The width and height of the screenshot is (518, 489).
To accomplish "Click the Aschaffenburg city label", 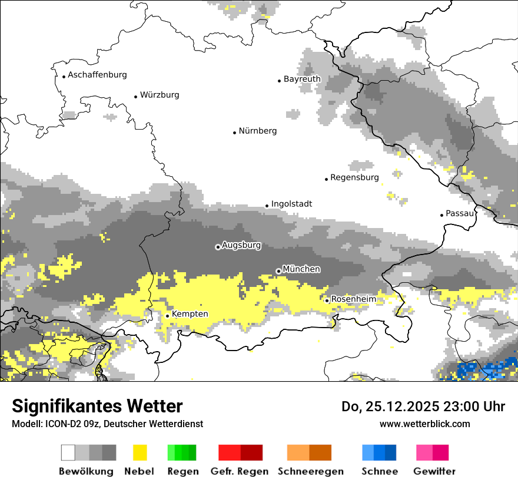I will pos(97,75).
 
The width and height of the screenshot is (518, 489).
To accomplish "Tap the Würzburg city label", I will pos(160,95).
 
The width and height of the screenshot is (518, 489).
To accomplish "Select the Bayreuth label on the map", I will pos(302,79).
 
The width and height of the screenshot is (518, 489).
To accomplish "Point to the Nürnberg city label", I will pos(257,131).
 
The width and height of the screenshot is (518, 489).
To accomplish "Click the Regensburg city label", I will pos(354,177).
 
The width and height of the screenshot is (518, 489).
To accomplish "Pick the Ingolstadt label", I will pos(291,204).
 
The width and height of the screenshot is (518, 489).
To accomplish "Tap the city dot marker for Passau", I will pos(441,215).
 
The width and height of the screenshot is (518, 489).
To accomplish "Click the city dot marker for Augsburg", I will pos(218,247).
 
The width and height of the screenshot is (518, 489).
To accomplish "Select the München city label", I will pos(301,269).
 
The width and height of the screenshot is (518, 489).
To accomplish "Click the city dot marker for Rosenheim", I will pos(327,300).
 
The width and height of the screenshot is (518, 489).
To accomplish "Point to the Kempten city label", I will pos(190,314).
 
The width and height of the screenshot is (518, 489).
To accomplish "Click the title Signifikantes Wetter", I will pos(97,406).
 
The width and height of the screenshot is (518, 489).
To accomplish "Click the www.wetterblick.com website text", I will pos(424,424).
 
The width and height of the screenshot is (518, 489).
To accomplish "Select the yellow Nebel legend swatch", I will pos(140,452).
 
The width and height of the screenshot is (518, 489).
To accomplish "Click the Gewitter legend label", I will pos(434,471).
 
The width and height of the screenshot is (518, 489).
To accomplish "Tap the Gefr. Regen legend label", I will pos(240,471).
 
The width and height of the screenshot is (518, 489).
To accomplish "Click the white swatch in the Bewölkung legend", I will pos(68,452).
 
